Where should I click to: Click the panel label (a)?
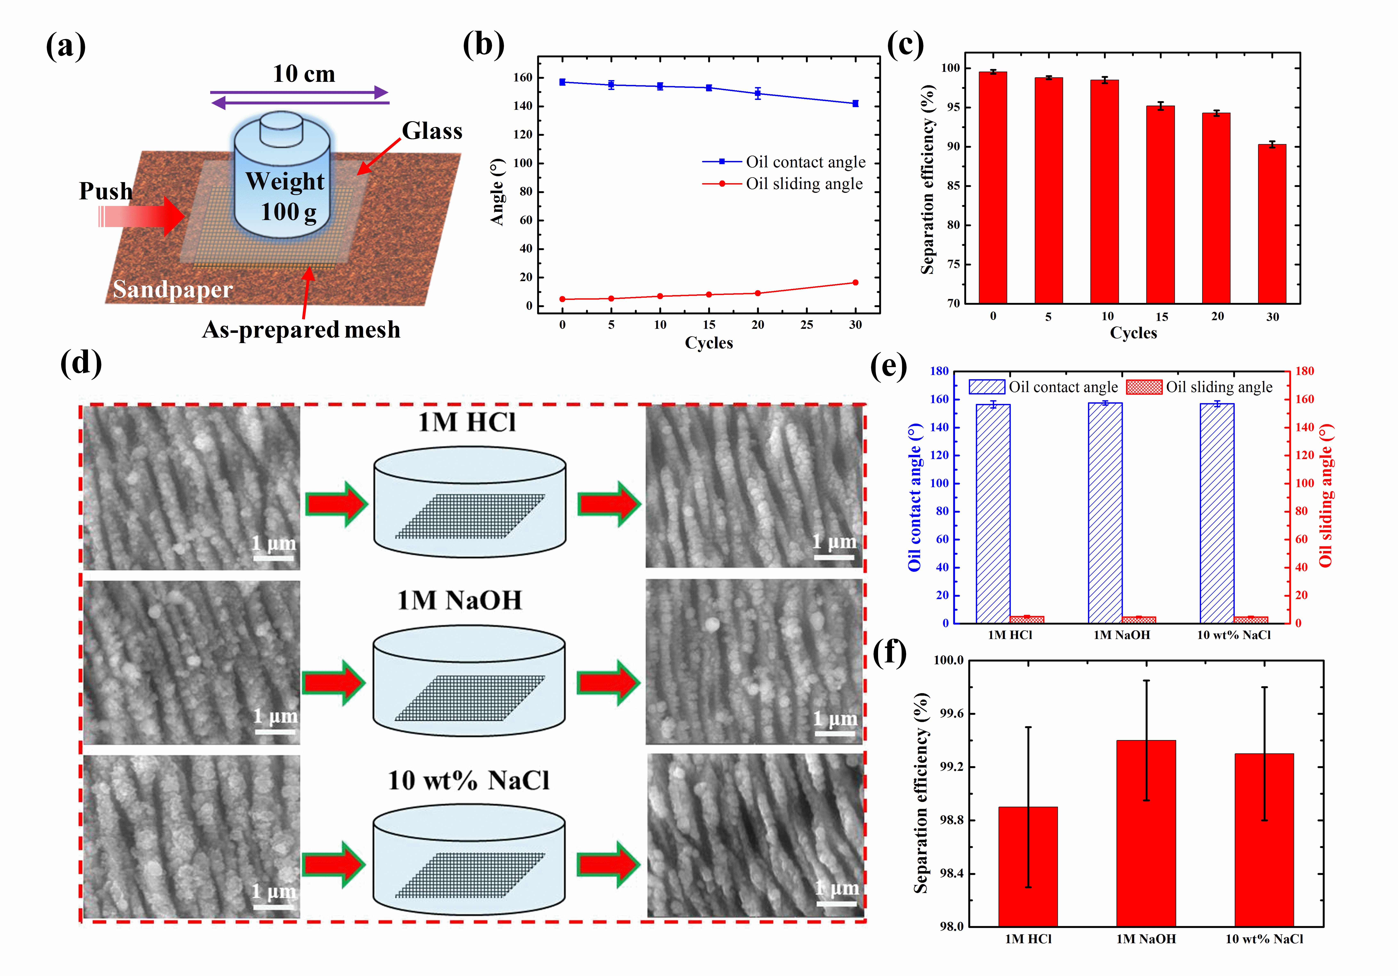pyautogui.click(x=66, y=46)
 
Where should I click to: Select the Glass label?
pyautogui.click(x=432, y=131)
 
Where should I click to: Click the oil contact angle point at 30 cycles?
pyautogui.click(x=855, y=104)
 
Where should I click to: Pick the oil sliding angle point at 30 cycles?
pyautogui.click(x=855, y=283)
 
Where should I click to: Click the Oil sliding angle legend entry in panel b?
pyautogui.click(x=804, y=184)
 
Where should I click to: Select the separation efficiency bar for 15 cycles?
pyautogui.click(x=1160, y=204)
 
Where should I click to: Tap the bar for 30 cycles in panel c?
pyautogui.click(x=1272, y=224)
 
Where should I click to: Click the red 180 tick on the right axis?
pyautogui.click(x=1304, y=371)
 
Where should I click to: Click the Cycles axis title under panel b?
pyautogui.click(x=709, y=343)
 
